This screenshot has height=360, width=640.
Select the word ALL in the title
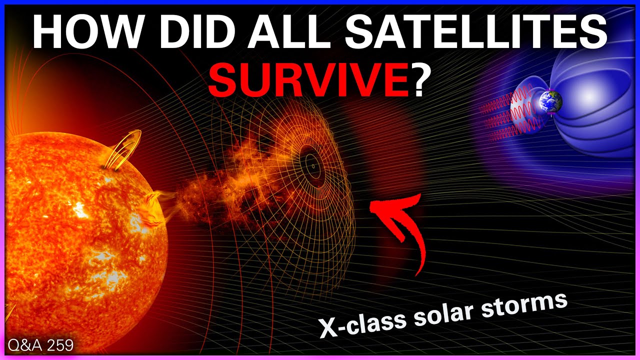tap(289, 32)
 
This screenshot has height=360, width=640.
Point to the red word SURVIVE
tap(308, 78)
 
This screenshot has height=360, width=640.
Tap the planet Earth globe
tap(550, 101)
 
